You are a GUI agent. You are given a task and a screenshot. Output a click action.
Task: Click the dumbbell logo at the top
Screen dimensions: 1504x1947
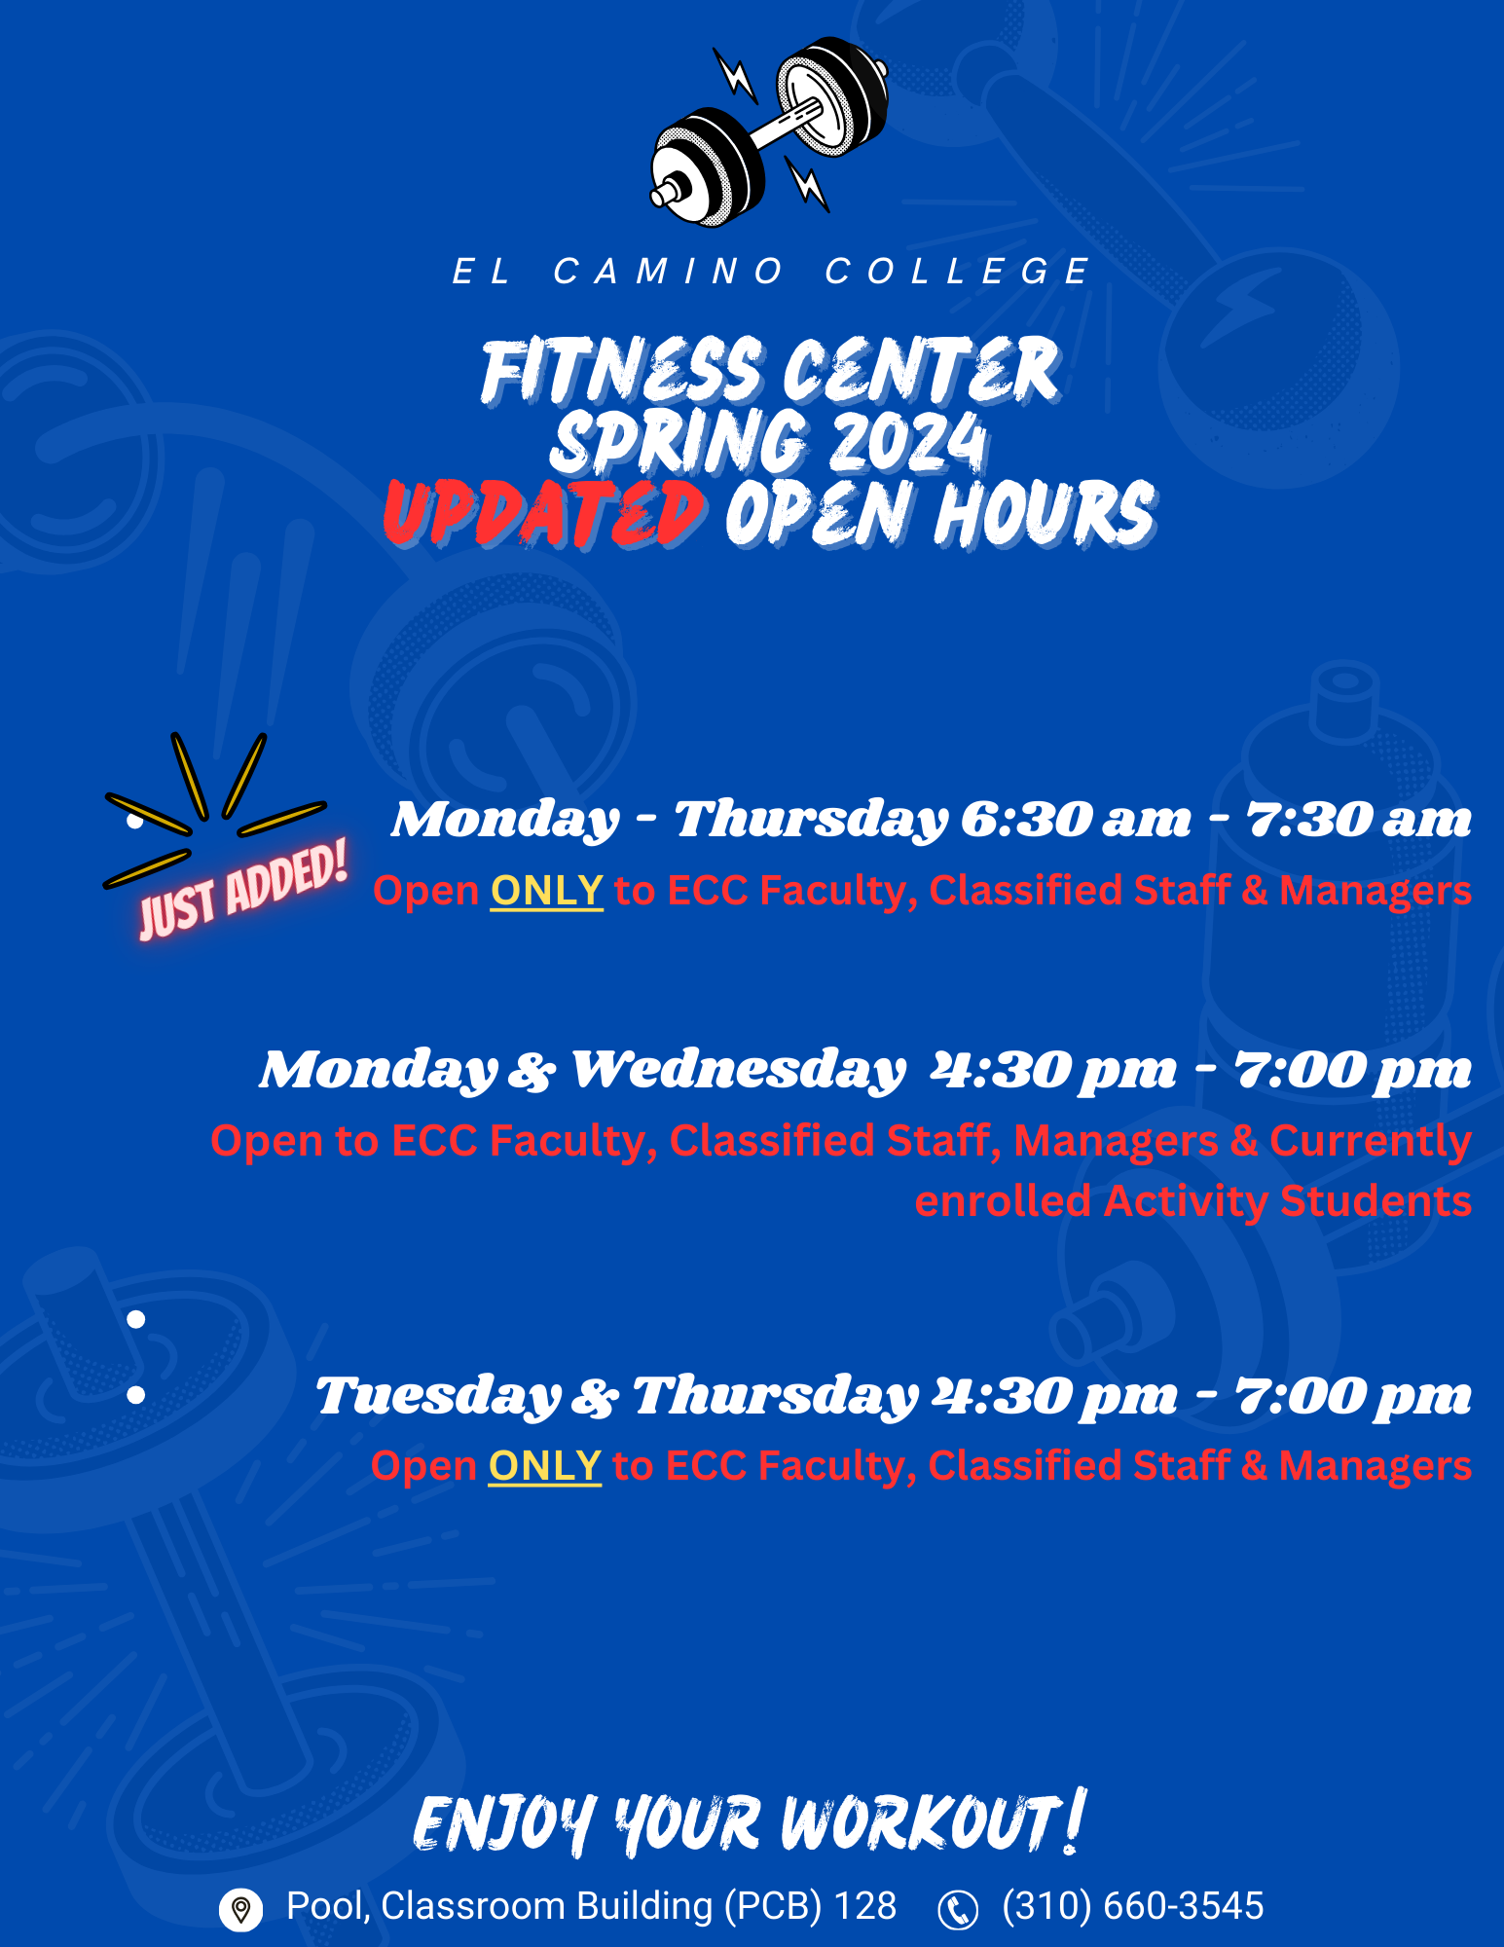[768, 130]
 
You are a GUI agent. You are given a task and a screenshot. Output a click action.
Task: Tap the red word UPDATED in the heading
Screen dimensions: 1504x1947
[544, 513]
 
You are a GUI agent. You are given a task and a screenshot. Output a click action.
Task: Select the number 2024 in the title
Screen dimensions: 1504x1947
[895, 442]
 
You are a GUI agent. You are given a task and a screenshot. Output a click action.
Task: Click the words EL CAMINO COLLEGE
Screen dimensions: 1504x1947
[770, 271]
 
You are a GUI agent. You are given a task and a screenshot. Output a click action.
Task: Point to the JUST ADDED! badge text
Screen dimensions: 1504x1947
[242, 890]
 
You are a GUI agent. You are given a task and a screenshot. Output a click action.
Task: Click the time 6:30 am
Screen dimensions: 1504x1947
[1076, 820]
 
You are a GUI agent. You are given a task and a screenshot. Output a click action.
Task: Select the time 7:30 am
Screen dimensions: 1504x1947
[1359, 820]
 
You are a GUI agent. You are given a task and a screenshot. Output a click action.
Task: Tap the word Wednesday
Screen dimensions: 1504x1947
[738, 1071]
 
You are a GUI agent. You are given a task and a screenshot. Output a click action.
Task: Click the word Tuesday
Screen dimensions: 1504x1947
[438, 1396]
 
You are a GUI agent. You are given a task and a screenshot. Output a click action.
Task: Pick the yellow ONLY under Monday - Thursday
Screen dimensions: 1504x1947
[547, 891]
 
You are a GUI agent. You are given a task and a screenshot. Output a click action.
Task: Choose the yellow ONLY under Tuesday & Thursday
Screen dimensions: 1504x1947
[545, 1466]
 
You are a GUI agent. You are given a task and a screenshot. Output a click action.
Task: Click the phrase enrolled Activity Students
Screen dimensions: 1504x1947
[1193, 1201]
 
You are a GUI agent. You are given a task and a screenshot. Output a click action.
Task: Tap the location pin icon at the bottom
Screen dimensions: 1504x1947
[240, 1909]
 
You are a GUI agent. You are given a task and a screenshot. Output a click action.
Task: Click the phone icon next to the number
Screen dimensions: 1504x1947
[958, 1909]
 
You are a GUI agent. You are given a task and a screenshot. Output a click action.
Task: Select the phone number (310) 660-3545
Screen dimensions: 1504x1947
[1133, 1906]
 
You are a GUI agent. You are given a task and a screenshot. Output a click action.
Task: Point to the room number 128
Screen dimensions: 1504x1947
[865, 1906]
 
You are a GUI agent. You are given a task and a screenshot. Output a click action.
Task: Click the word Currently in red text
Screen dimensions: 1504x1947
[1371, 1141]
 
